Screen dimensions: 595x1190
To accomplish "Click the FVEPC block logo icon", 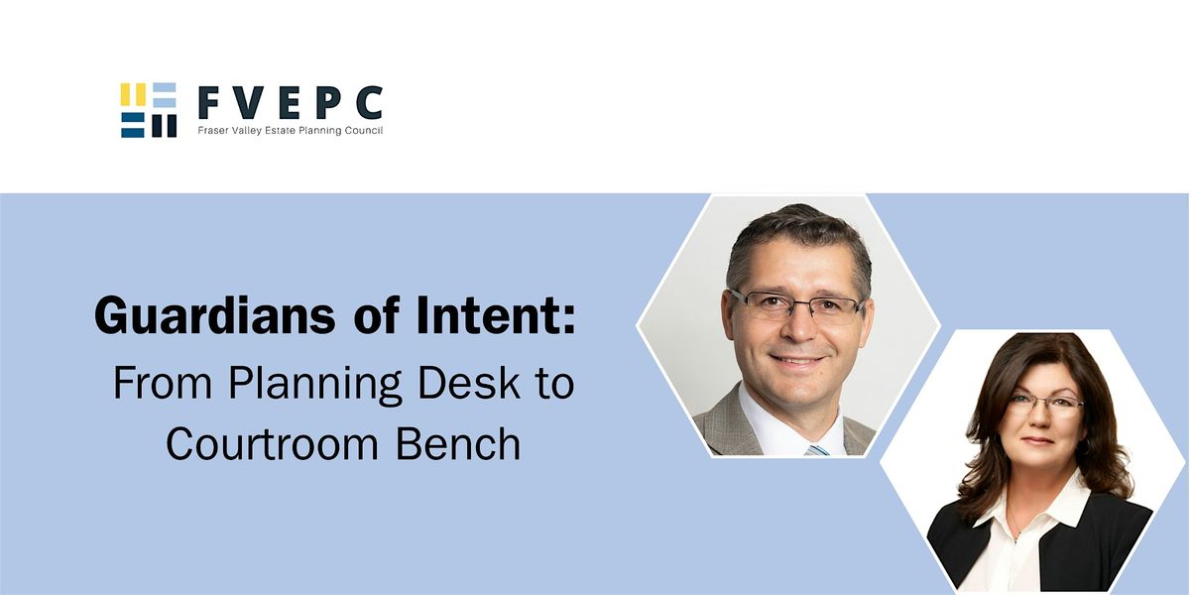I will click(149, 110).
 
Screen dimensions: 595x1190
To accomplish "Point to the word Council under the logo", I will click(362, 131).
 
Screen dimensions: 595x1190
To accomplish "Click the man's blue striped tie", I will click(817, 448).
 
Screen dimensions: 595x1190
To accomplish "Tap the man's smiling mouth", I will click(798, 359).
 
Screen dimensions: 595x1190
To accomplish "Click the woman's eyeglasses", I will click(1042, 404).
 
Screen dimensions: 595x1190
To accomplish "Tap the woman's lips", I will click(1038, 440).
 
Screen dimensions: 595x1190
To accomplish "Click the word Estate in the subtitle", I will click(268, 131).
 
